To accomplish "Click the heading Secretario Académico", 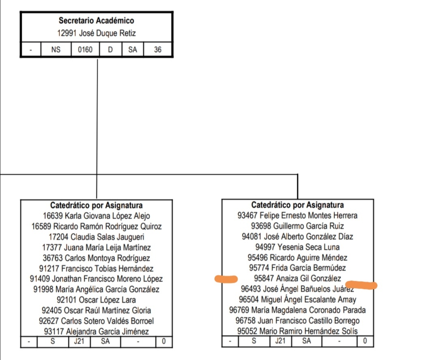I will pyautogui.click(x=96, y=20).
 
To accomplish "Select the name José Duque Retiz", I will pyautogui.click(x=96, y=33).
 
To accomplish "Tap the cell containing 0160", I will pyautogui.click(x=85, y=50).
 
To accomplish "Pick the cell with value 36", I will pyautogui.click(x=157, y=50).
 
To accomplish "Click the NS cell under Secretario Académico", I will pyautogui.click(x=56, y=50).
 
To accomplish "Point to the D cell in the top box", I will pyautogui.click(x=110, y=50).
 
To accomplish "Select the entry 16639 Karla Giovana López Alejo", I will pyautogui.click(x=96, y=216).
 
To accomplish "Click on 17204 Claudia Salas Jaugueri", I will pyautogui.click(x=96, y=237).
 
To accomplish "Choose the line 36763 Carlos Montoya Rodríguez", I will pyautogui.click(x=96, y=258).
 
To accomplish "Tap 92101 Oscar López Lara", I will pyautogui.click(x=96, y=300).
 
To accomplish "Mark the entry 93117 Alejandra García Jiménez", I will pyautogui.click(x=96, y=332).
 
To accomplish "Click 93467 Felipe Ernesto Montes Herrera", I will pyautogui.click(x=297, y=216).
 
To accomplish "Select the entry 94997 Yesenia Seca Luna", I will pyautogui.click(x=297, y=247).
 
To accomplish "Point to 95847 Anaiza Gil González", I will pyautogui.click(x=297, y=278).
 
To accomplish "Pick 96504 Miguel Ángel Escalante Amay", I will pyautogui.click(x=297, y=300).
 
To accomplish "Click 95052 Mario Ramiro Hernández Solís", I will pyautogui.click(x=297, y=331).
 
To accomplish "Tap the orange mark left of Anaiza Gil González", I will pyautogui.click(x=226, y=279).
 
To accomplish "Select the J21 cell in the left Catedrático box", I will pyautogui.click(x=79, y=341).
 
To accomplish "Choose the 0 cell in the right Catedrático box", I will pyautogui.click(x=365, y=341).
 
